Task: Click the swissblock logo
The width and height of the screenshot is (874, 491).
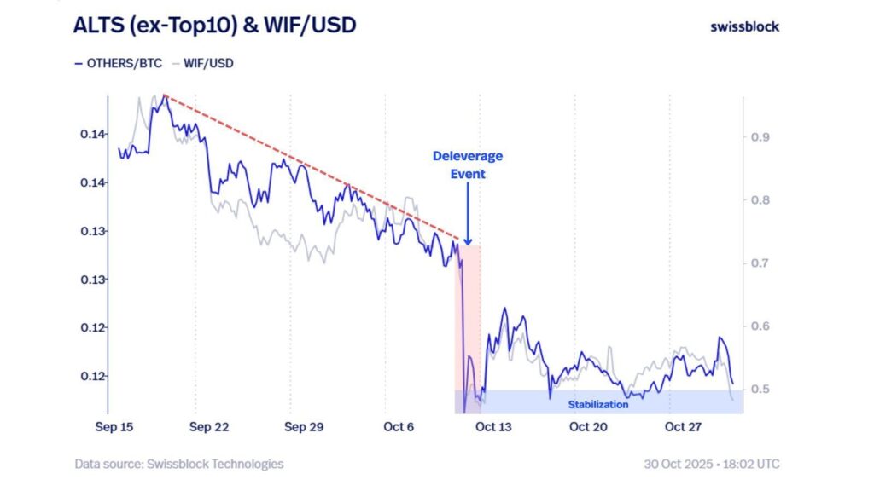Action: (744, 26)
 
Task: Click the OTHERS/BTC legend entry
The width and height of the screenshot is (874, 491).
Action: (118, 63)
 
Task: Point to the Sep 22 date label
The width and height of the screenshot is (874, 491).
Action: (210, 426)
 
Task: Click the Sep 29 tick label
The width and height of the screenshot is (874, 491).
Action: (305, 426)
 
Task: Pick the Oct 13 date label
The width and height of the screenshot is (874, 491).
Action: (493, 426)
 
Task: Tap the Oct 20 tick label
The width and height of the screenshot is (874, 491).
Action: (588, 426)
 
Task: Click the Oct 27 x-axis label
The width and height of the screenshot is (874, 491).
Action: (682, 426)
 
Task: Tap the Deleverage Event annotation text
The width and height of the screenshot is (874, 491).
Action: (468, 165)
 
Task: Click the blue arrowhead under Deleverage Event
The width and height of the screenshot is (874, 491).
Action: (468, 240)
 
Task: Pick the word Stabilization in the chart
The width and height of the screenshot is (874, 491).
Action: (598, 405)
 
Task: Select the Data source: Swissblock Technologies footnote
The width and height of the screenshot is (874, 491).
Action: (178, 465)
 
